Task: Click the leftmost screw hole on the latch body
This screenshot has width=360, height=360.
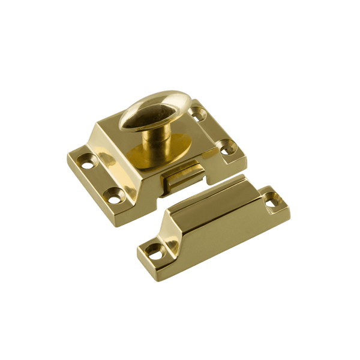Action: click(91, 161)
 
